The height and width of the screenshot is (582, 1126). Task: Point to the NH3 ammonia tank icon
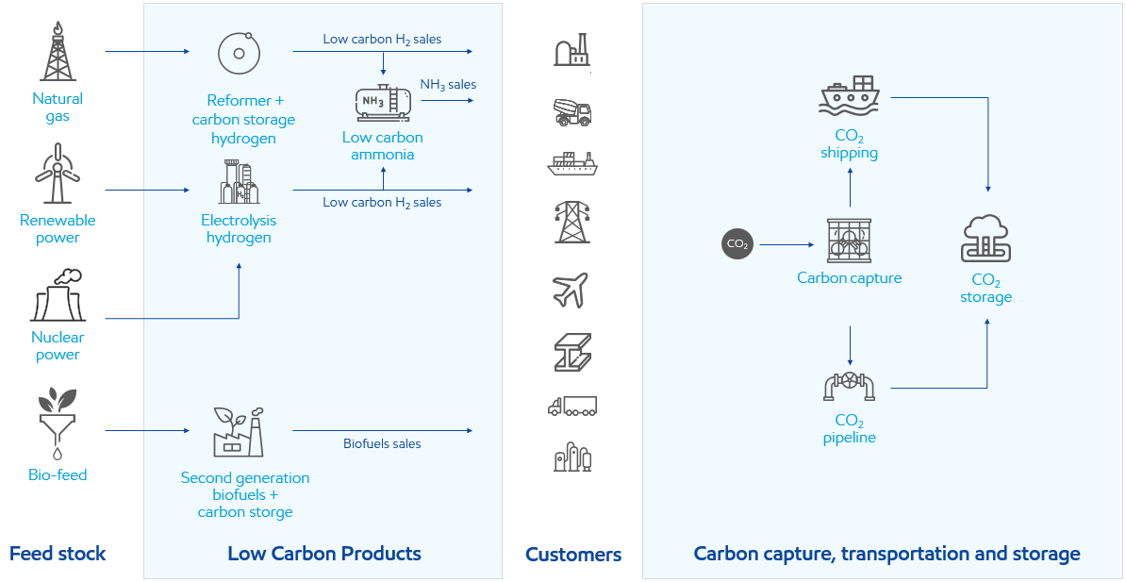382,103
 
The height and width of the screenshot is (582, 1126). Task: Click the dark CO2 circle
737,244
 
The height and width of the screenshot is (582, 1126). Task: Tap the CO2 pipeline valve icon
850,386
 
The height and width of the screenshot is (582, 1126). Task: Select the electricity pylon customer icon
571,222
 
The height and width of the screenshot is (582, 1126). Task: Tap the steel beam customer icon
571,351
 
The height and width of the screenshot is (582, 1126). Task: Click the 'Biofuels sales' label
382,443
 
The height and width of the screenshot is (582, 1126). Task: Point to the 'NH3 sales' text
448,85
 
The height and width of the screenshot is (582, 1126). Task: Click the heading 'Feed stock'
58,554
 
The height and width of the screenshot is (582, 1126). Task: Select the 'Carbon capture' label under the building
849,278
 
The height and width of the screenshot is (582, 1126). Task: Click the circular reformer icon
239,53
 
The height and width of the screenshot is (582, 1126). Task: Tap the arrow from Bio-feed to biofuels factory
146,431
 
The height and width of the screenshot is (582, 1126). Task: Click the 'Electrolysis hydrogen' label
239,229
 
